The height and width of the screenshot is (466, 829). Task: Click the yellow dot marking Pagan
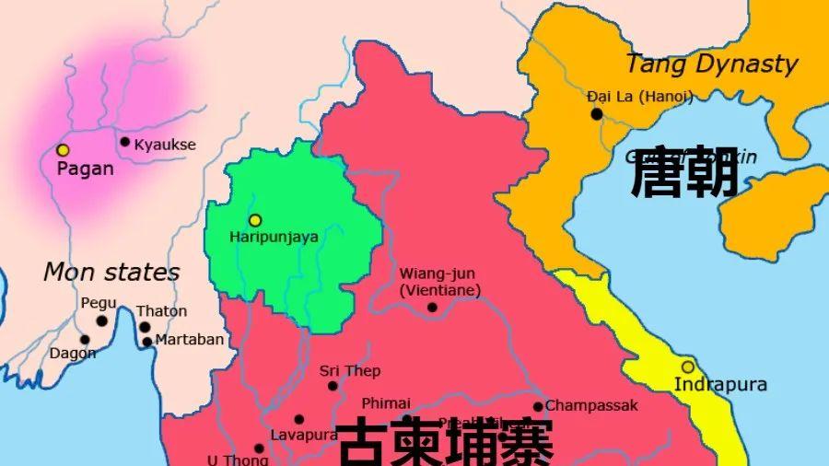tap(63, 150)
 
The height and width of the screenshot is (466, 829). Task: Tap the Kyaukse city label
tap(165, 145)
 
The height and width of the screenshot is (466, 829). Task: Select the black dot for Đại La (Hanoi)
tap(597, 114)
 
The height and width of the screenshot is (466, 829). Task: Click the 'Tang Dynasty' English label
tap(711, 64)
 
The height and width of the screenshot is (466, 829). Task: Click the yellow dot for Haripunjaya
tap(255, 220)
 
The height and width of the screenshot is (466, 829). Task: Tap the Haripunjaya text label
tap(274, 237)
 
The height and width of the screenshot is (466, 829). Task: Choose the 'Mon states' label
tap(111, 273)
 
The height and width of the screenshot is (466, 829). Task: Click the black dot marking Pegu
tap(101, 321)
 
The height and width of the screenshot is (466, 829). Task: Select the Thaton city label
tap(161, 311)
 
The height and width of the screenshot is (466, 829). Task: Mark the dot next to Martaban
tap(147, 342)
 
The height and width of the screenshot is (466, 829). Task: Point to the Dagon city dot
tap(85, 339)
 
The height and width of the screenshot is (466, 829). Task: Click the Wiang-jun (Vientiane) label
tap(440, 282)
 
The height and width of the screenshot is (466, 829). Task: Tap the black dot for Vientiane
tap(432, 308)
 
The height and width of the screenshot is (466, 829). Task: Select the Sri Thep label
tap(350, 371)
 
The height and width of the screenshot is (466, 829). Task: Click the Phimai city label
tap(386, 402)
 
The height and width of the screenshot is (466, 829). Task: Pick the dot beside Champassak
tap(538, 406)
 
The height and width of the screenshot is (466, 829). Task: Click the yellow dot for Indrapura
tap(687, 367)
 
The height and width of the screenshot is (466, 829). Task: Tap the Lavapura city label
tap(303, 435)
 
